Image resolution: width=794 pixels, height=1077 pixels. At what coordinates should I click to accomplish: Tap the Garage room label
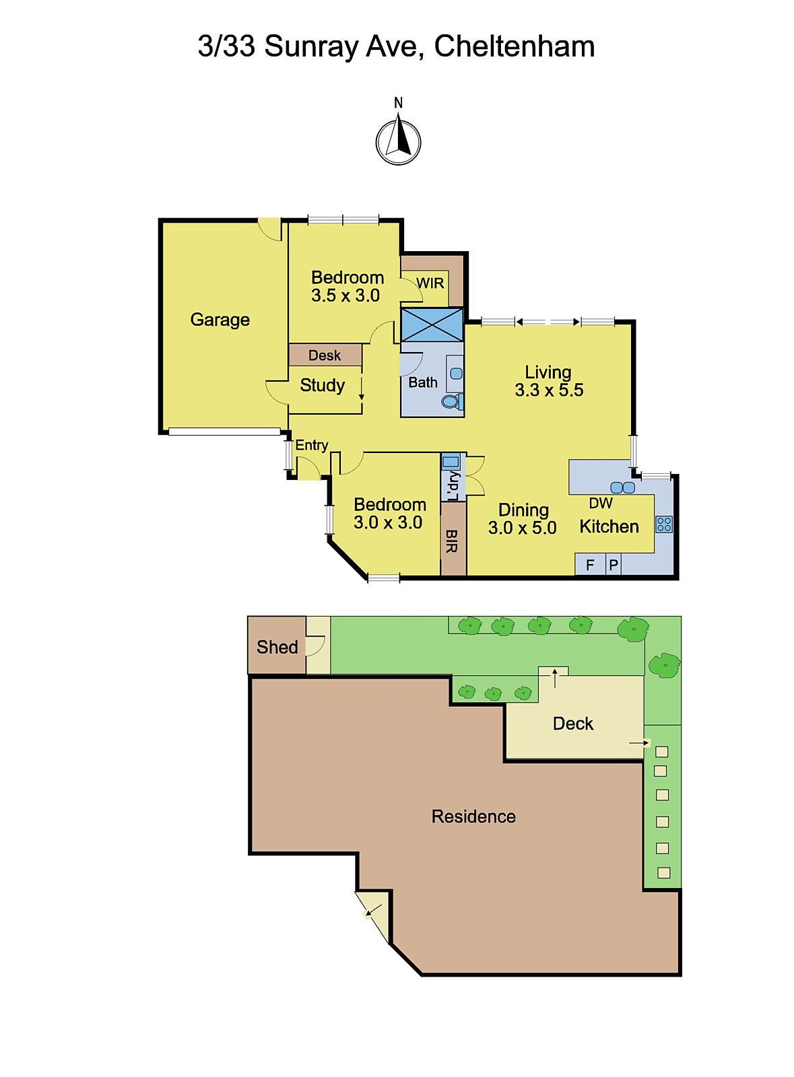point(220,320)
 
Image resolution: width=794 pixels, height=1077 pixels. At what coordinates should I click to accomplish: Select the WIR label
point(430,283)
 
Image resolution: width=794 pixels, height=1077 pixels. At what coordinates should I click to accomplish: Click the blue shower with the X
point(432,325)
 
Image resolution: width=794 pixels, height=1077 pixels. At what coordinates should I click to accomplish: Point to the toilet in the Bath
point(453,401)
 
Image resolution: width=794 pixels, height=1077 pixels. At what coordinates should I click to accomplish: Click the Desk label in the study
point(325,355)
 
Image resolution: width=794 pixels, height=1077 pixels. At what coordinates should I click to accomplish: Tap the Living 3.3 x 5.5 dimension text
point(549,390)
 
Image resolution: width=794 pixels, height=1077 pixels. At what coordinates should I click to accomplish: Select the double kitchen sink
point(622,487)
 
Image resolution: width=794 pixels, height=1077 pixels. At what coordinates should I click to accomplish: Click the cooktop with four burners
point(664,524)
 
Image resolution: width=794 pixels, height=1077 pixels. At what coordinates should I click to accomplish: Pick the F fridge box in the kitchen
point(590,565)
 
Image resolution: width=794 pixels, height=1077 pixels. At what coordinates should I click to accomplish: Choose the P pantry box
point(613,565)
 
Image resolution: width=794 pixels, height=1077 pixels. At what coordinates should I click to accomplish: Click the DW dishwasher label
point(601,503)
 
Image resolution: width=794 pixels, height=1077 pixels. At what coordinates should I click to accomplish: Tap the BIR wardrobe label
point(452,541)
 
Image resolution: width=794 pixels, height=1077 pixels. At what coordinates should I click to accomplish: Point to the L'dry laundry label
point(453,485)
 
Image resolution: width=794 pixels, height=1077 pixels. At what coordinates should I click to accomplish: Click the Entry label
point(312,446)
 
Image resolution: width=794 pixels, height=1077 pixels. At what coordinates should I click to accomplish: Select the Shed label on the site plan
point(277,647)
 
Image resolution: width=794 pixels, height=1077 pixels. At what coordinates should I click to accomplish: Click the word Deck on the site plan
point(573,724)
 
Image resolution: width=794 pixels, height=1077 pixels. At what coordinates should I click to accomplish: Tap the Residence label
point(473,817)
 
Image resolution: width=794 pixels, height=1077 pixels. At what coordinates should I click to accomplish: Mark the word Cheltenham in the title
point(514,46)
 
